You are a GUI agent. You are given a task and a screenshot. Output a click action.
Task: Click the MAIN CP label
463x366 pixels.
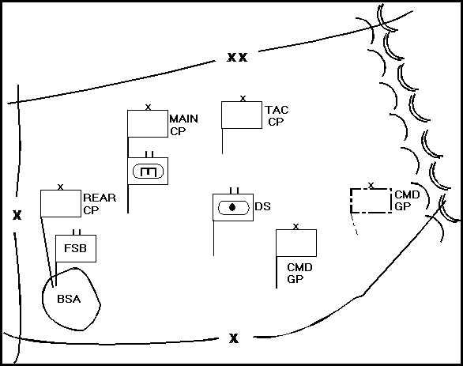click(x=183, y=125)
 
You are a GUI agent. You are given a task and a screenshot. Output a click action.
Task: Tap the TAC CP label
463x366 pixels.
click(x=277, y=115)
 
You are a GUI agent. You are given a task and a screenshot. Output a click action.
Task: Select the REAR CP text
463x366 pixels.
click(x=100, y=204)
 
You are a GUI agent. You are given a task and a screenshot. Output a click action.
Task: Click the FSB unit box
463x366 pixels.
click(x=76, y=248)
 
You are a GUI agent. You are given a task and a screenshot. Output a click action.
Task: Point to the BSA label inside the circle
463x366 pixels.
click(x=69, y=299)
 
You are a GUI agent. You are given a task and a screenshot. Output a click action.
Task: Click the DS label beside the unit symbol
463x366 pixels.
click(x=262, y=206)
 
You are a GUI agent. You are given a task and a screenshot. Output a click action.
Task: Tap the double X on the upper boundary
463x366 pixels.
click(x=237, y=57)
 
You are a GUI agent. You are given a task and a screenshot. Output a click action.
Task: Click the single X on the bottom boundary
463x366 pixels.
click(x=234, y=338)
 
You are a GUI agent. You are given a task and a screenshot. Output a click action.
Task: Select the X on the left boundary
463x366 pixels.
click(x=17, y=215)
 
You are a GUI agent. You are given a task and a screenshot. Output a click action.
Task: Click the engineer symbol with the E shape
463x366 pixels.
click(x=148, y=172)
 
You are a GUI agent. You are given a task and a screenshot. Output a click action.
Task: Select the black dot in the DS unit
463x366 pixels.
click(x=232, y=207)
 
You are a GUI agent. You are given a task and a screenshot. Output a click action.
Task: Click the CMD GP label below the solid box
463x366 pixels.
click(x=299, y=274)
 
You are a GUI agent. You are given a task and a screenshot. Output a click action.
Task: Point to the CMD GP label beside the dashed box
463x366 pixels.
click(x=407, y=201)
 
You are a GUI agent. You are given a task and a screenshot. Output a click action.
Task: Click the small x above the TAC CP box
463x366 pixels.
click(x=243, y=99)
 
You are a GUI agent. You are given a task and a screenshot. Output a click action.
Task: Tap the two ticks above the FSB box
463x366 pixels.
click(x=77, y=232)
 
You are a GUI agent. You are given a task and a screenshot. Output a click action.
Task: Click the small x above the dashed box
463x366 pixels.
click(x=371, y=186)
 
